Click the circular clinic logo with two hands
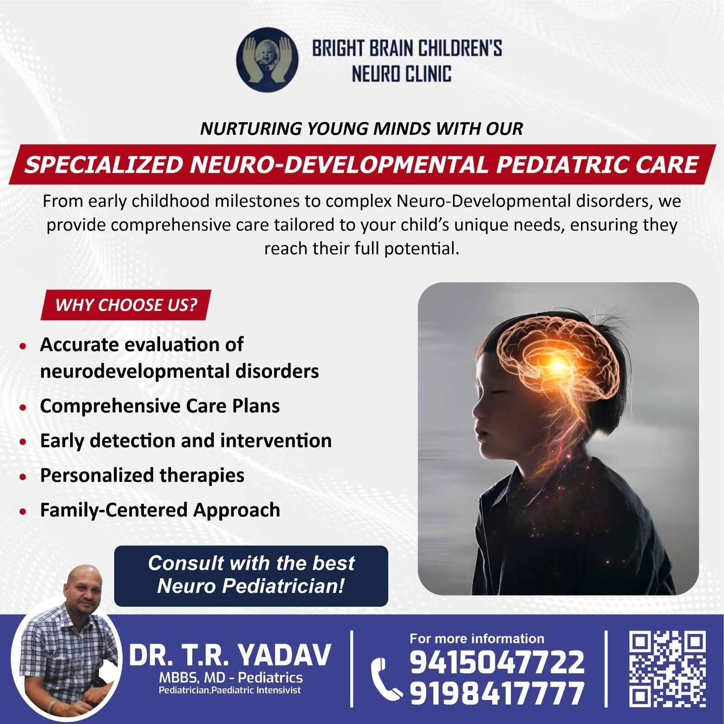tap(267, 59)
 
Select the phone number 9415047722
tap(497, 662)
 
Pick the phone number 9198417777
tap(497, 694)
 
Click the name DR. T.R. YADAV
tap(230, 656)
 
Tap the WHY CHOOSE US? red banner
tap(126, 305)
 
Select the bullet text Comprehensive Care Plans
tap(160, 406)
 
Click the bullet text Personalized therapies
tap(142, 475)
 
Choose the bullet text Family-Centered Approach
tap(160, 510)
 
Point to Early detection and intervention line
tap(186, 440)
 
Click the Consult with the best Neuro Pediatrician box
tap(251, 576)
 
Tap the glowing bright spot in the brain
tap(557, 362)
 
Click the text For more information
tap(477, 638)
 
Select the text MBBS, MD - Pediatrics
tap(231, 678)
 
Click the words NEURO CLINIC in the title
tap(401, 73)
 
